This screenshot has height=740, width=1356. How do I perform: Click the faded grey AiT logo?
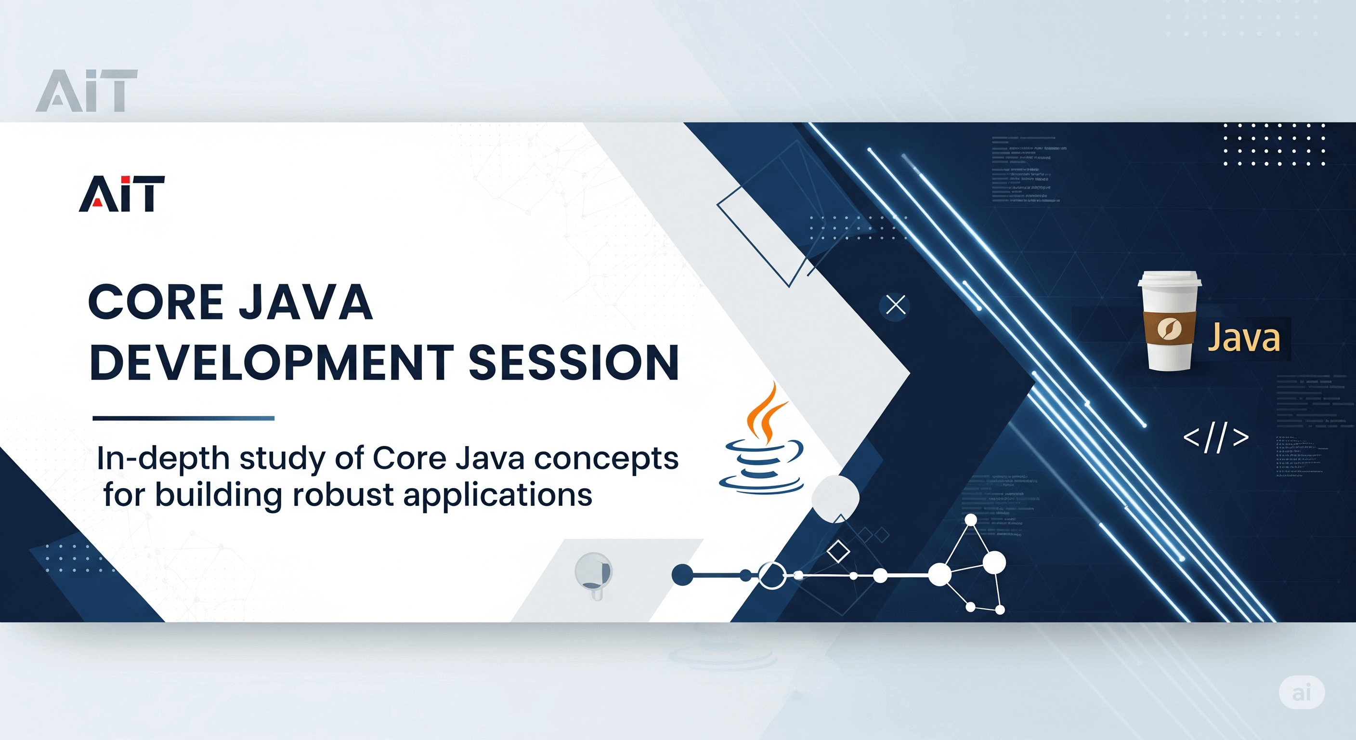[87, 91]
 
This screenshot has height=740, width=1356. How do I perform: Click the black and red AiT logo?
[122, 194]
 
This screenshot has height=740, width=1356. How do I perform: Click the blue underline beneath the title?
[183, 418]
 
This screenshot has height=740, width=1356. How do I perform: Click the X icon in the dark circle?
[895, 305]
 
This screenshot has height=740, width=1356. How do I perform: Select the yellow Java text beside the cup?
[1243, 338]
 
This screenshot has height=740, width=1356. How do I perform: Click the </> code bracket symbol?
[1216, 437]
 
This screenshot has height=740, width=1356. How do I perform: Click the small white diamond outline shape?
[838, 552]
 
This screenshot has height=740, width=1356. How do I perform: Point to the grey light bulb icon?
[594, 574]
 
